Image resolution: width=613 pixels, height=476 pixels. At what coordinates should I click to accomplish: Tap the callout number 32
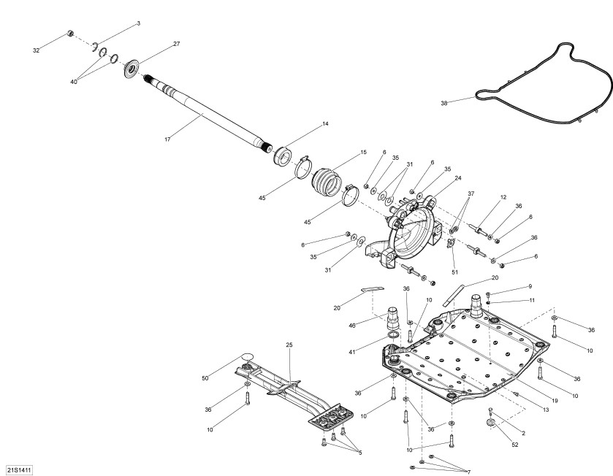(37, 50)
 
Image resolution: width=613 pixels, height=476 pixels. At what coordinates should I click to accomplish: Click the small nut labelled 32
(69, 34)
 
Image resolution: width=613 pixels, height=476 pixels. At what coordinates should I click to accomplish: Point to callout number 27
(176, 44)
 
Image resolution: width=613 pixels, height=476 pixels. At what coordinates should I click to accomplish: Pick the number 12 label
(503, 197)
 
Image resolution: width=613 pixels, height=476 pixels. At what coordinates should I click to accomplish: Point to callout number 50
(205, 378)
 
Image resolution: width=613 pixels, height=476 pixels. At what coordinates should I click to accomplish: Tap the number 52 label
(514, 445)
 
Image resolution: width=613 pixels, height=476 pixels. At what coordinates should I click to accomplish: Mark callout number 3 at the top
(138, 23)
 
